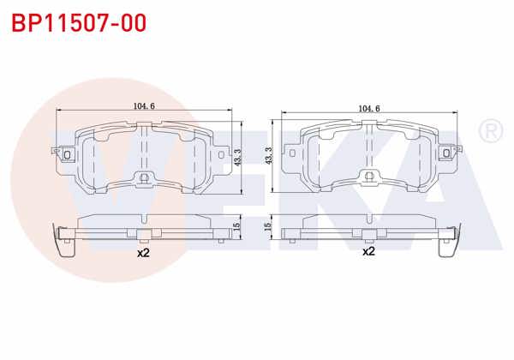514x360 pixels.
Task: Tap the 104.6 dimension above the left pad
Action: (144, 106)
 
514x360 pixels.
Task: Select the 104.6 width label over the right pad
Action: (369, 109)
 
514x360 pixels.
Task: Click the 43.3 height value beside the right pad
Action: (269, 157)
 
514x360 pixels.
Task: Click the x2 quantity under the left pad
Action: (143, 253)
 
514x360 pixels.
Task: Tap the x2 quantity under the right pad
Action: (368, 251)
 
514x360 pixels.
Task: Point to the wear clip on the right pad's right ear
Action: (447, 154)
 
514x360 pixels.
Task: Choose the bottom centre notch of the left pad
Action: (144, 178)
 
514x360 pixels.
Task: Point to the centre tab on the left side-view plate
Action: (144, 233)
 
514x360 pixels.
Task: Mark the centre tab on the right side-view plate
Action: (369, 233)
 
